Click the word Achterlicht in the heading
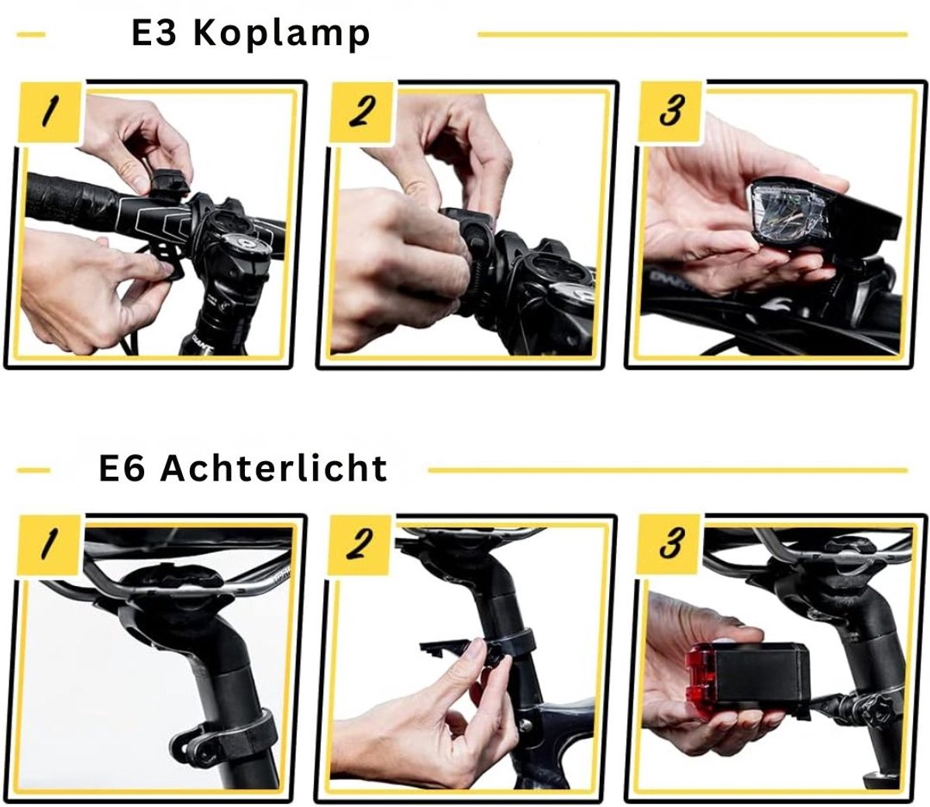coord(274,468)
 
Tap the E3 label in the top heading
coord(153,33)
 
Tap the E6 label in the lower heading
coord(122,469)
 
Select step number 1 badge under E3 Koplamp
coord(49,112)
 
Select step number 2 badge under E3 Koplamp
coord(360,112)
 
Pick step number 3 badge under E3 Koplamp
coord(670,112)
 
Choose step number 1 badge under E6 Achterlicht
coord(49,546)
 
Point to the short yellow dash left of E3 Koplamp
coord(31,35)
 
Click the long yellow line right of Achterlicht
coord(668,470)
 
